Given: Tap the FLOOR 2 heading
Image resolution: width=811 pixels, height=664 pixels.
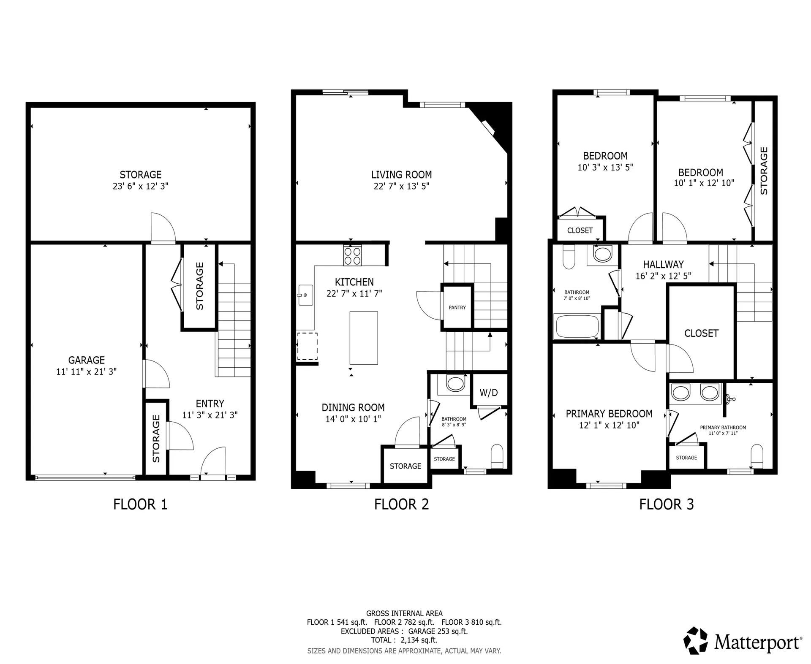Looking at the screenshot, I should tap(401, 504).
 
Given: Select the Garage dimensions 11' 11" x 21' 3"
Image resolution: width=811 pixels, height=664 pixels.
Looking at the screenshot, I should tap(87, 371).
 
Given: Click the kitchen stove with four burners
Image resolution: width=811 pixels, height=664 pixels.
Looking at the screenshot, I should tap(352, 255).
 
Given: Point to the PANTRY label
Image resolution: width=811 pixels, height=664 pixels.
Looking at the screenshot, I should tap(457, 307).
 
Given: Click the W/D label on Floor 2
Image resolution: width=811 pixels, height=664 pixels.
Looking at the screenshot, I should tap(488, 393).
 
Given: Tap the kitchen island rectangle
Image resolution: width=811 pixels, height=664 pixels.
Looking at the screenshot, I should tap(363, 338).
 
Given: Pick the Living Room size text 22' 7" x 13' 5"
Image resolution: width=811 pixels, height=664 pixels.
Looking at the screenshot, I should tap(401, 186).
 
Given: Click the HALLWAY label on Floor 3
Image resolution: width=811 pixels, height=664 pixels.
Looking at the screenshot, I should tap(663, 265).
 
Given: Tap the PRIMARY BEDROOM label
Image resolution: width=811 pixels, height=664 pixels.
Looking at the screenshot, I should tap(609, 414).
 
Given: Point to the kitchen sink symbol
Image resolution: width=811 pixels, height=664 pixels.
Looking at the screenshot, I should tap(305, 295).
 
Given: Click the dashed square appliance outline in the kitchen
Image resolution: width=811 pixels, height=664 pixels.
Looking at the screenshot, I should tap(307, 346).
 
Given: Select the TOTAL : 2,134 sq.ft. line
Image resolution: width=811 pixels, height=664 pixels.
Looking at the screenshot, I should tap(404, 640).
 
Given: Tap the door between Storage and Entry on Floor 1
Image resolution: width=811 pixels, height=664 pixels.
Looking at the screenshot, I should tap(163, 228).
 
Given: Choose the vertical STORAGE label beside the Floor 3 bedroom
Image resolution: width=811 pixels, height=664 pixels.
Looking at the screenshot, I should tap(764, 171).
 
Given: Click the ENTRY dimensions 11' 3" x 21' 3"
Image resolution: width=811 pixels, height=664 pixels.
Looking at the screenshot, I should tap(210, 415).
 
